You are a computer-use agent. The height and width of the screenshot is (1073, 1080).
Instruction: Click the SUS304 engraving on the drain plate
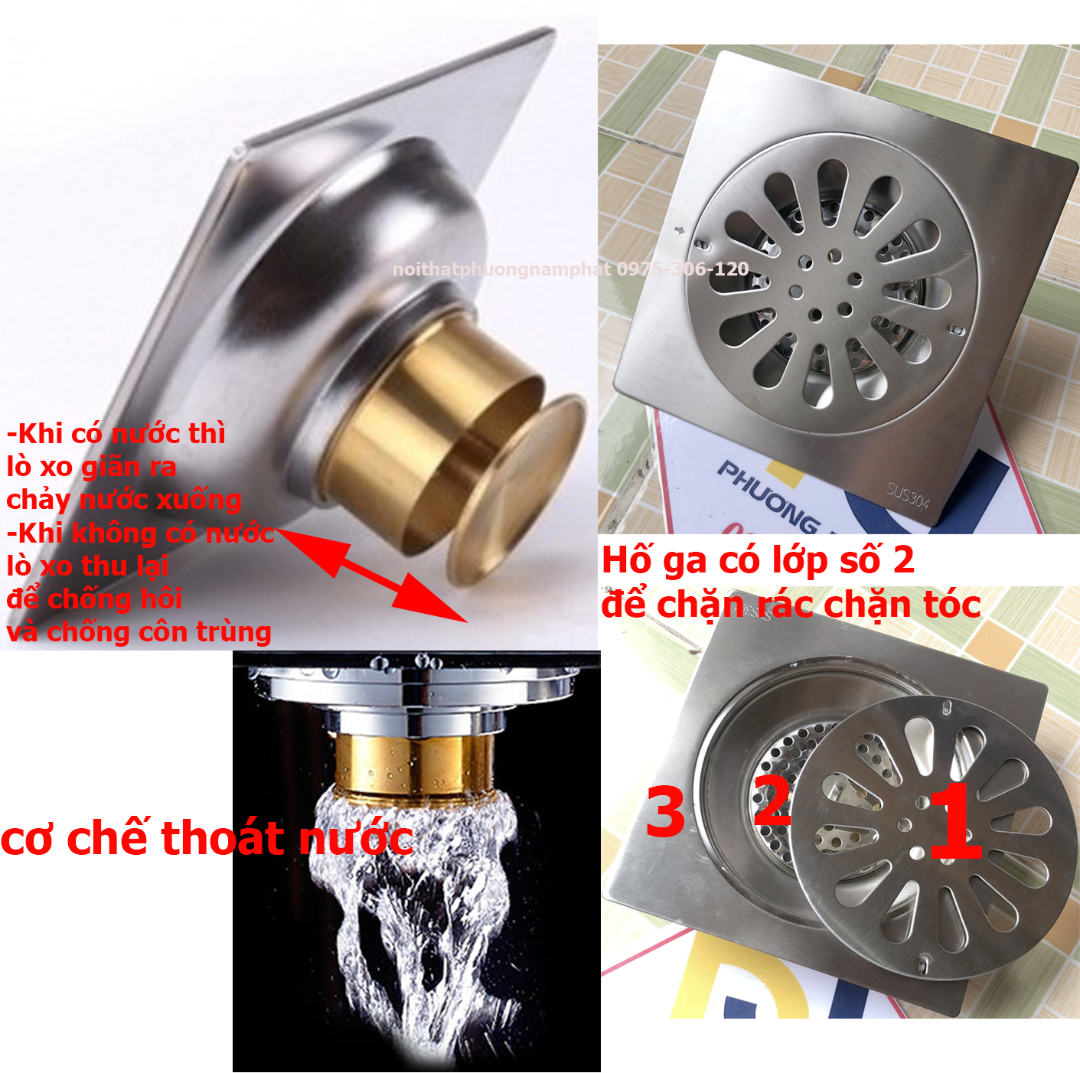(908, 495)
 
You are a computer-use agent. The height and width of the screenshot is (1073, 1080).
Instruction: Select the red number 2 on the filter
(772, 801)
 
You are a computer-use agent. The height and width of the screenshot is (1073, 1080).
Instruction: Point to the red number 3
(665, 812)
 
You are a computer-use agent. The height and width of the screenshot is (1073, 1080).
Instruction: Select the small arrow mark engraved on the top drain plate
(678, 230)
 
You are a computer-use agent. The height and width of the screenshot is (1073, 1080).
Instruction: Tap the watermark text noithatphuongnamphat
(501, 269)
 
